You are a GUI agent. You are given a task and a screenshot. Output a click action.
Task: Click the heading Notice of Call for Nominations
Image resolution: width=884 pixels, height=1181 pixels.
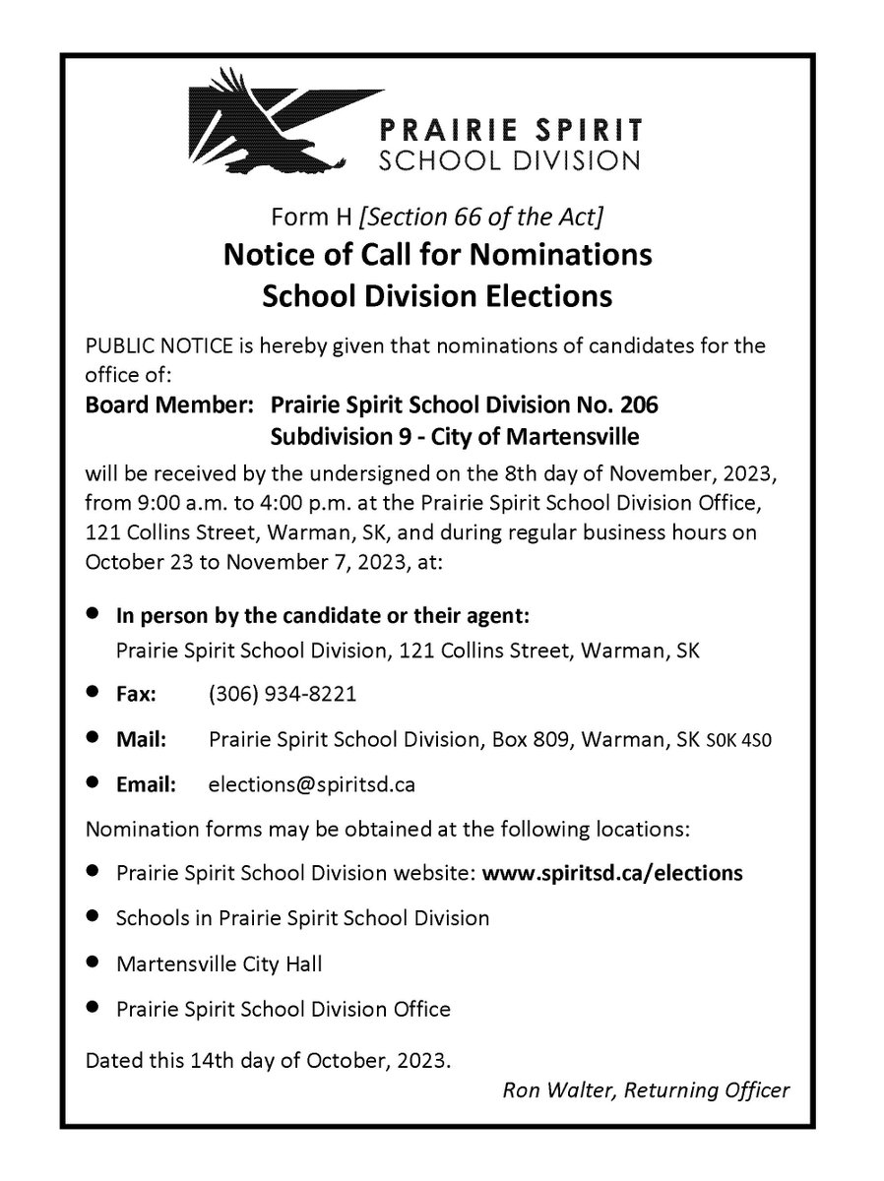pos(438,255)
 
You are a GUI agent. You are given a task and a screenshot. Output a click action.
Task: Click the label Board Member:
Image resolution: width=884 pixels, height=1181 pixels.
pos(172,404)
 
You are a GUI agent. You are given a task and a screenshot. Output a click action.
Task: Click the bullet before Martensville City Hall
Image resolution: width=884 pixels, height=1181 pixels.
pos(93,962)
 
